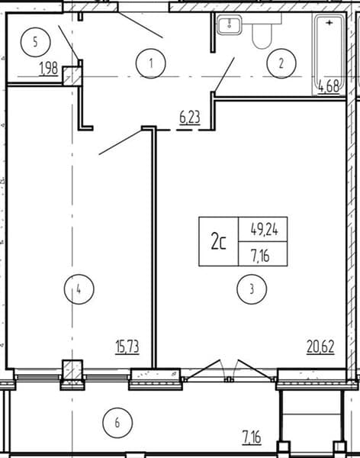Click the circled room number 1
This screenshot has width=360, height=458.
(151, 63)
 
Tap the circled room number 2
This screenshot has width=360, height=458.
(281, 63)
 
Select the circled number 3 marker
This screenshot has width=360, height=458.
(252, 289)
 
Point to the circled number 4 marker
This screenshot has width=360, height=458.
(79, 289)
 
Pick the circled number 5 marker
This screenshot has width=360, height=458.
(35, 42)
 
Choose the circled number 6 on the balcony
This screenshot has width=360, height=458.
(117, 423)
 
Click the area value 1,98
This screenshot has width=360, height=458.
(49, 69)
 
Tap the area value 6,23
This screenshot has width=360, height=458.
(190, 118)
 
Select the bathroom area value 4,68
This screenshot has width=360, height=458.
(329, 87)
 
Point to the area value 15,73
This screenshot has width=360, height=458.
(127, 347)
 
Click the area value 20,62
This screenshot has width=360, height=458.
(320, 347)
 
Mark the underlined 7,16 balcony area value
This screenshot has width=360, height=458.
(252, 437)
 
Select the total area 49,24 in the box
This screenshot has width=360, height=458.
(264, 231)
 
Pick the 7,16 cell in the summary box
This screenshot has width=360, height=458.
(260, 255)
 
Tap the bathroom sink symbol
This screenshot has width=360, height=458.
(230, 24)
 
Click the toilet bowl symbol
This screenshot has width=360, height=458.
(262, 31)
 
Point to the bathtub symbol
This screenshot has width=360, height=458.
(329, 55)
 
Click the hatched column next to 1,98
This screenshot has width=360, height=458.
(72, 76)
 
